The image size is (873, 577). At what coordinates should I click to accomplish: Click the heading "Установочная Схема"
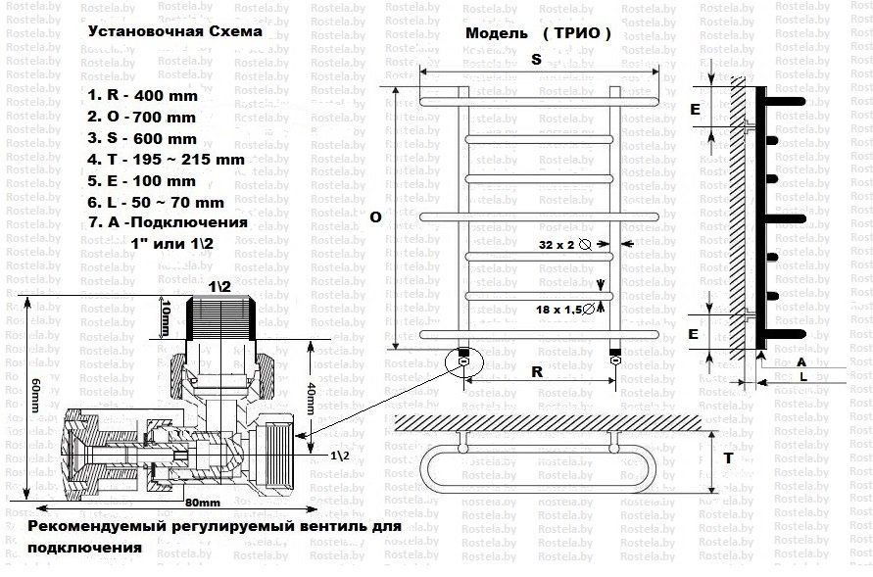(174, 31)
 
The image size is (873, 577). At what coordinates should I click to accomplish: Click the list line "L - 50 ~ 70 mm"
(156, 203)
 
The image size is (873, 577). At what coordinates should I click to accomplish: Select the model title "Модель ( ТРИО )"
(538, 33)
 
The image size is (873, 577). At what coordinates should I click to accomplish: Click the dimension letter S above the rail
(536, 59)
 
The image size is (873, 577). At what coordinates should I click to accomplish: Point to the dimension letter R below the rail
(537, 372)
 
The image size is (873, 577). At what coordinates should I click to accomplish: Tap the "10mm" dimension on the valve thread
(167, 315)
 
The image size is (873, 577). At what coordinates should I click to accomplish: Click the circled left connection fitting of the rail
(461, 360)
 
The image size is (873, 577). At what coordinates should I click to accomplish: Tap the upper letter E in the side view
(695, 110)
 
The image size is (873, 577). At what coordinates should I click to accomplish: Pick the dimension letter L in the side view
(802, 376)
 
